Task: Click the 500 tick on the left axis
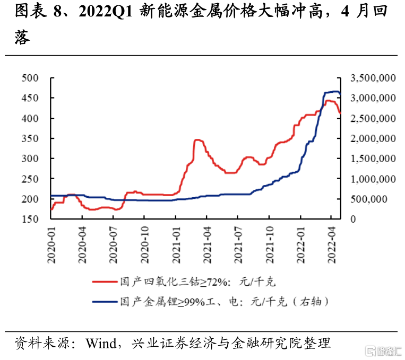(32, 78)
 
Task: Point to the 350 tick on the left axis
(32, 138)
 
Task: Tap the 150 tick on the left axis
(32, 219)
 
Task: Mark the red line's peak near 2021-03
(197, 140)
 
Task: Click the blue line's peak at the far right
(334, 92)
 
